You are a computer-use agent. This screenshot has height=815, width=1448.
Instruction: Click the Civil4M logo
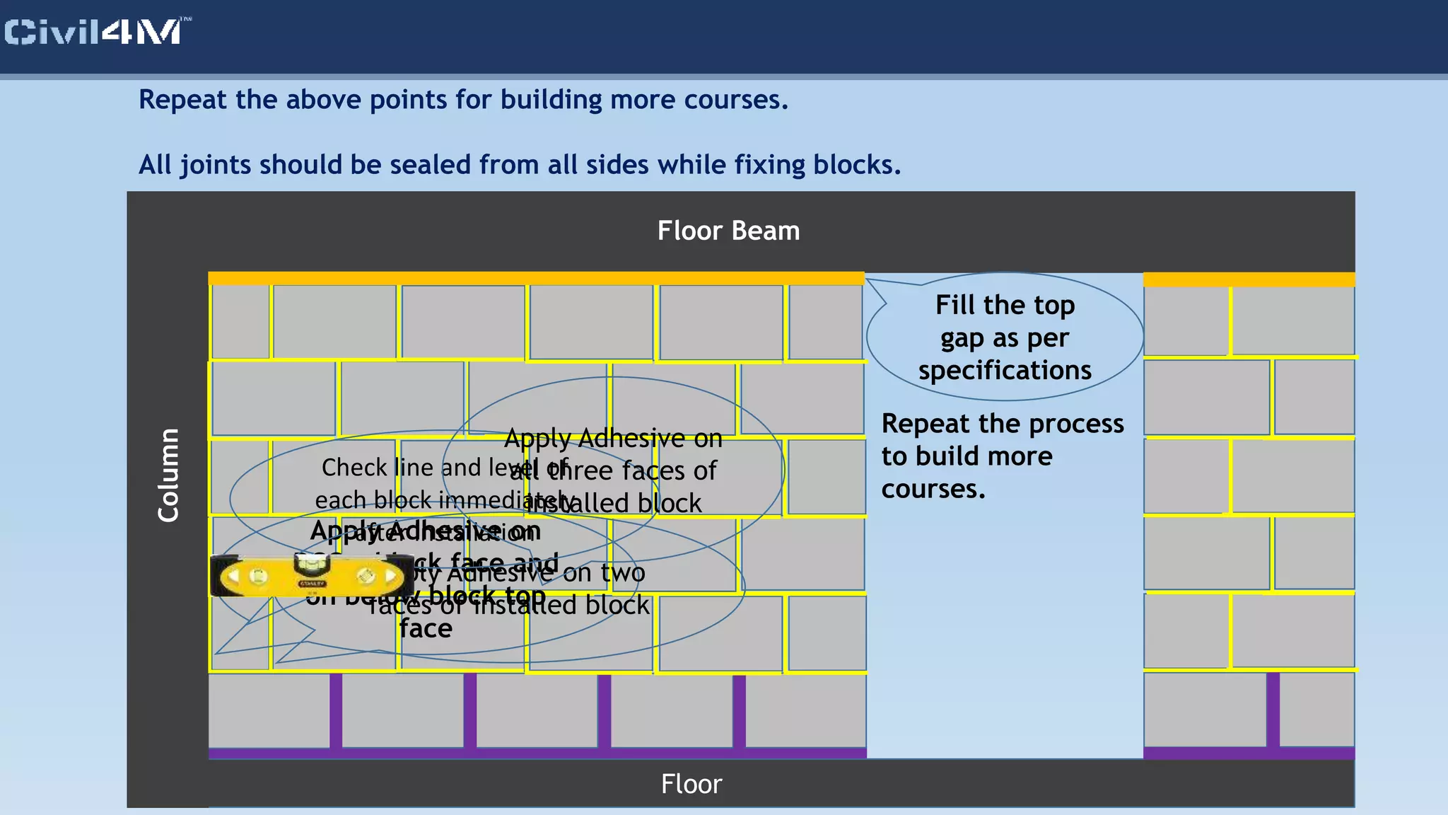[95, 32]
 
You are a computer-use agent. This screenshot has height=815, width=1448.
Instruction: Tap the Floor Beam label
[728, 231]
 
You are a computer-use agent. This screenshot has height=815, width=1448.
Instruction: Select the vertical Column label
[168, 475]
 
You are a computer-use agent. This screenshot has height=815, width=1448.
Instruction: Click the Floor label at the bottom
[691, 784]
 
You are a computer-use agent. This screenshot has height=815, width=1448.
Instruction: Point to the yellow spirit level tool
[311, 576]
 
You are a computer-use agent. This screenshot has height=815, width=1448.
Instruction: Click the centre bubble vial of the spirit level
[311, 565]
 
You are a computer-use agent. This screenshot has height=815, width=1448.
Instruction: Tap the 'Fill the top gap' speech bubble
[1004, 337]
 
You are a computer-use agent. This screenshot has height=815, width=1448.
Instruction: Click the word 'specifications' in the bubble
[1005, 370]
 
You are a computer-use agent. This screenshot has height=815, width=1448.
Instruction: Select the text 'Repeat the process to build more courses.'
[1002, 456]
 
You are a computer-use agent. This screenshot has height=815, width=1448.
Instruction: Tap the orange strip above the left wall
[536, 278]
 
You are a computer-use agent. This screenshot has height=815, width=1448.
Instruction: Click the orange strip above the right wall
[1249, 279]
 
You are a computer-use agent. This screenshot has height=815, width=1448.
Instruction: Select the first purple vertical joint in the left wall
[336, 710]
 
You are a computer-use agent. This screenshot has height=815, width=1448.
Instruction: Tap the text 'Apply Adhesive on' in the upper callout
[613, 439]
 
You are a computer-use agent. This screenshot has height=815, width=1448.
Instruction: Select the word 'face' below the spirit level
[426, 628]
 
